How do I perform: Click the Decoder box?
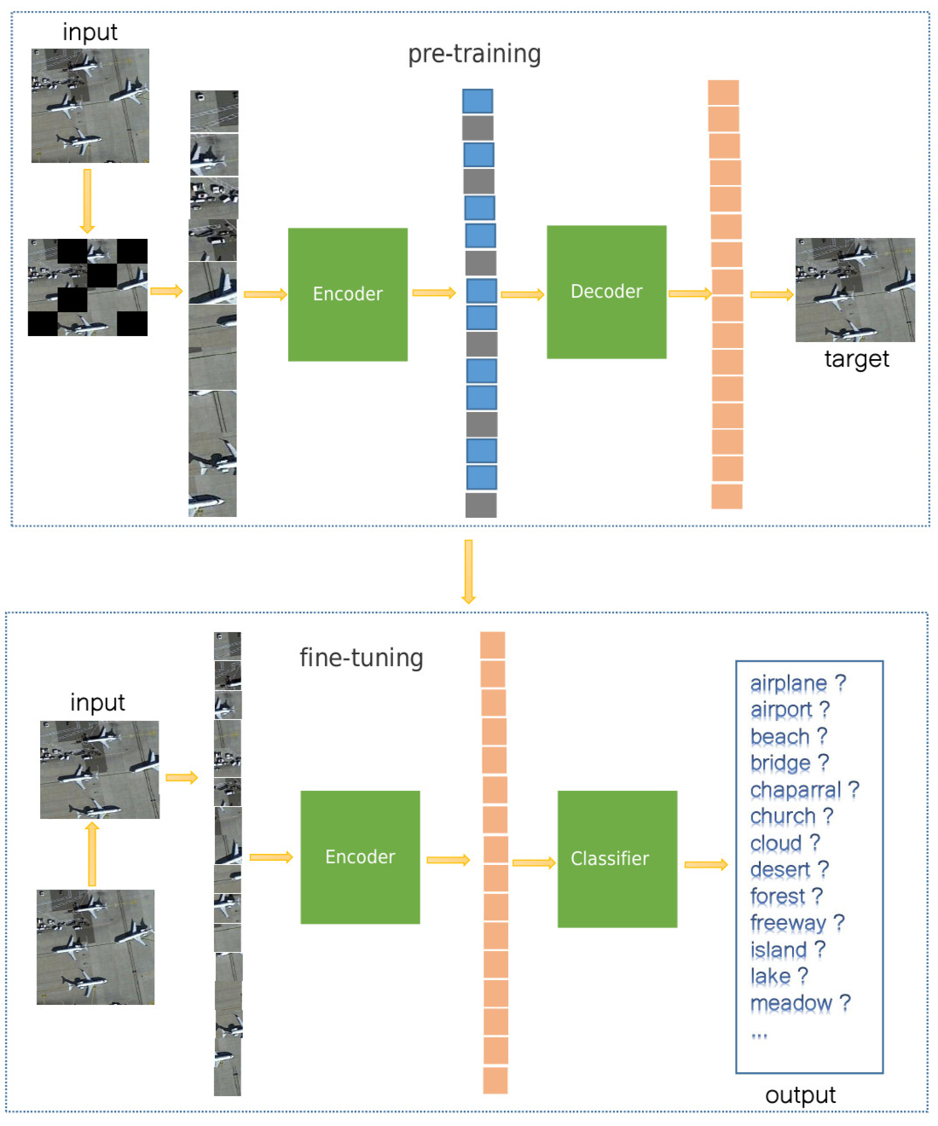(x=606, y=292)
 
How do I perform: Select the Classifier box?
(x=617, y=858)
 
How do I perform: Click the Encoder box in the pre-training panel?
(x=348, y=294)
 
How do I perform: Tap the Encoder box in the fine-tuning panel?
(x=360, y=856)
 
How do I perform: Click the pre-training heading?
(x=474, y=54)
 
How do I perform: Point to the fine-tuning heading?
(x=361, y=658)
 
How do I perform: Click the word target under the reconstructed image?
(x=856, y=359)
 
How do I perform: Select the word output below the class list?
(x=800, y=1095)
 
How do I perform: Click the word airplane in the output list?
(x=788, y=683)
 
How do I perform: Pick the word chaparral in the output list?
(x=795, y=790)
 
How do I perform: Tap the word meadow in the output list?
(x=790, y=1003)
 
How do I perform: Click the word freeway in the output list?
(x=787, y=923)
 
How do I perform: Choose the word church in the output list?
(x=782, y=816)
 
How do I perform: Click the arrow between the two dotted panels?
(x=468, y=571)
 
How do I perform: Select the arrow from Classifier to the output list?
(x=706, y=865)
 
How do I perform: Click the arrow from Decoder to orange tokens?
(x=689, y=294)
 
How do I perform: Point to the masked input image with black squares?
(x=88, y=287)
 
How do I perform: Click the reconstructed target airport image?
(x=854, y=290)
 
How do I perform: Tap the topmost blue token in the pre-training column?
(x=478, y=102)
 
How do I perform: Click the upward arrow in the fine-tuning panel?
(x=92, y=854)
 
